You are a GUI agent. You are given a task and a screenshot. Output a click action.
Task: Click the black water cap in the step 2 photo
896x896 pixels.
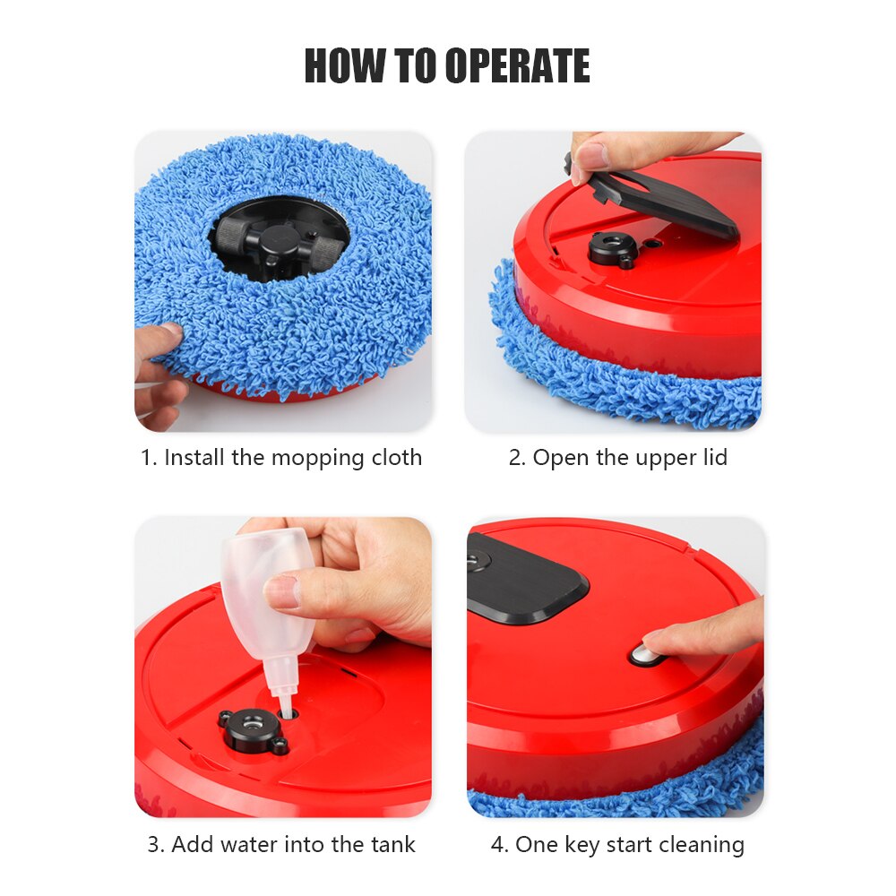[613, 248]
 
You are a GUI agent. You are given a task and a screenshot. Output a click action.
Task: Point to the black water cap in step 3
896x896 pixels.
[251, 727]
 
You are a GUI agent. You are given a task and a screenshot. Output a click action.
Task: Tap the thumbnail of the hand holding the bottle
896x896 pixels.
[358, 582]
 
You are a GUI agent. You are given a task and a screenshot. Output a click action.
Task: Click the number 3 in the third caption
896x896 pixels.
[153, 844]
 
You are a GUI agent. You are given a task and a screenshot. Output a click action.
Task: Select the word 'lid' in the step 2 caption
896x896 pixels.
[713, 458]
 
